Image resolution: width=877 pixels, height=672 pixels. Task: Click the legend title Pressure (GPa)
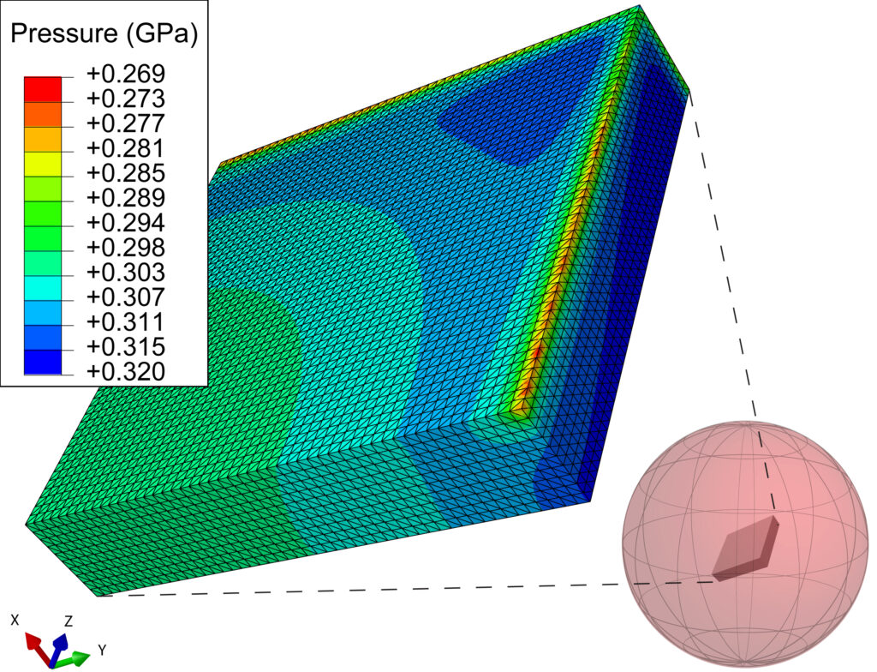click(x=104, y=34)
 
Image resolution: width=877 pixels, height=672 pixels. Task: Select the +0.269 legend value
click(x=126, y=74)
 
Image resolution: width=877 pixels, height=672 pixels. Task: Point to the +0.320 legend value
click(x=126, y=371)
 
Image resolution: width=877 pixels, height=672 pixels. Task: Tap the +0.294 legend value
click(x=126, y=223)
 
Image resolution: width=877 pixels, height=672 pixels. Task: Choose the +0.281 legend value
click(x=126, y=148)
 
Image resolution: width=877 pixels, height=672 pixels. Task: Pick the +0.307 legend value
click(x=126, y=297)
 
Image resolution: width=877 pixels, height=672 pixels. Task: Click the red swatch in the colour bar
click(x=43, y=89)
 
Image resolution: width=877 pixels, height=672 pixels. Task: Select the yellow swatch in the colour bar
click(x=43, y=164)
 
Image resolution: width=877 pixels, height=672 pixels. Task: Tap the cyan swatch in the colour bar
click(x=43, y=288)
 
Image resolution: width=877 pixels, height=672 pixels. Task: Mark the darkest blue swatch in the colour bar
click(x=43, y=363)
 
